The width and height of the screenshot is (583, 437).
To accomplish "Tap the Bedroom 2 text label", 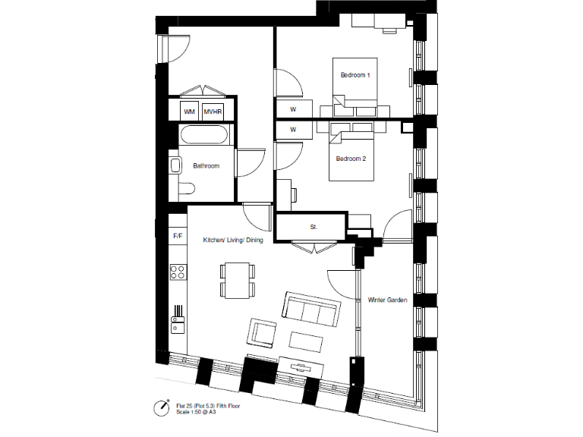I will pos(351,159).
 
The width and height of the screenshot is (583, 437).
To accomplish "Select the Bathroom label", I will pos(206,165).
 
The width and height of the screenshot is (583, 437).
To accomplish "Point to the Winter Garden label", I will pos(387,300).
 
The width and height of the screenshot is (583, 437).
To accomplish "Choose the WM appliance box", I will pos(189,112).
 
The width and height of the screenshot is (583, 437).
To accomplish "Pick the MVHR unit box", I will pos(213,112).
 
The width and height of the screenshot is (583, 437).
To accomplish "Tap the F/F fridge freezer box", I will pos(178,236).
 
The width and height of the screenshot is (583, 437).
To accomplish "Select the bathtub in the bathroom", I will pos(202,136).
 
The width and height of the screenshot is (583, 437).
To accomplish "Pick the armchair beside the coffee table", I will pos(263,333).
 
